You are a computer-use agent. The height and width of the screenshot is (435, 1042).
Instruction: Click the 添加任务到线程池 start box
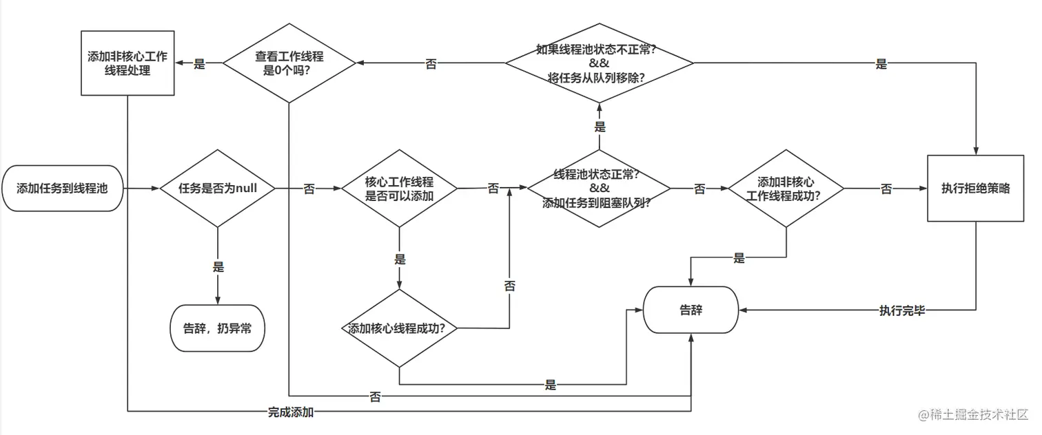click(62, 188)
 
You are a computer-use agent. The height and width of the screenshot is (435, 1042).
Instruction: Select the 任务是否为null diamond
click(218, 188)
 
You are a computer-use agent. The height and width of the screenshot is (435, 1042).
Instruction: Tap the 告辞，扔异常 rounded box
click(217, 328)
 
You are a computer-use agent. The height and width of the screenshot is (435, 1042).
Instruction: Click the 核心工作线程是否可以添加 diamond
click(399, 188)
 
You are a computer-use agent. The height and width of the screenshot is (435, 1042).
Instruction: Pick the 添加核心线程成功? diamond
click(400, 328)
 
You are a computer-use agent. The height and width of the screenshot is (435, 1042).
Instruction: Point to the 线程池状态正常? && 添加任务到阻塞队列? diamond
click(599, 188)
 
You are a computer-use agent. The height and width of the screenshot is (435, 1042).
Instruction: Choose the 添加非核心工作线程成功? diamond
click(786, 188)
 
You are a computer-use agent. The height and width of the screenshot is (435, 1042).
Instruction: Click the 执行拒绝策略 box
click(975, 188)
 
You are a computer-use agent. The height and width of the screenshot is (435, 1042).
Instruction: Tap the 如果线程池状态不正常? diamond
click(600, 63)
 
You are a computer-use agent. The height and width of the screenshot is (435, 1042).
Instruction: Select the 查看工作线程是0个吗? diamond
click(289, 63)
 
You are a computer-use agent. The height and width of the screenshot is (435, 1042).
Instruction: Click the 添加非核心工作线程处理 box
click(127, 63)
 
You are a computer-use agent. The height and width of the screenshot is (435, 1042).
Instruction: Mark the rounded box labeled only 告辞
click(691, 310)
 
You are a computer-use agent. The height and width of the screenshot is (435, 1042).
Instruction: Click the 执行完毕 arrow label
click(901, 310)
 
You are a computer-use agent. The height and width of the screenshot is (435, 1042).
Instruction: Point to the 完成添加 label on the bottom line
click(291, 412)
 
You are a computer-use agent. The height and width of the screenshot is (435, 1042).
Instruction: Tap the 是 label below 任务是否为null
click(218, 267)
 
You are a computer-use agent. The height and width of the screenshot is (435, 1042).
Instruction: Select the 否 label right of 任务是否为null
click(309, 189)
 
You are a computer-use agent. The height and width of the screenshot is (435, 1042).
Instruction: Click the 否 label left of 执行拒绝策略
click(886, 189)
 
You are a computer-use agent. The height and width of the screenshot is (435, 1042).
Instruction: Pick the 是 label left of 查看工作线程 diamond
click(200, 64)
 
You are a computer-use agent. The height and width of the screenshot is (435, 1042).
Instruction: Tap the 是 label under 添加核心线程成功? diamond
click(550, 385)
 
